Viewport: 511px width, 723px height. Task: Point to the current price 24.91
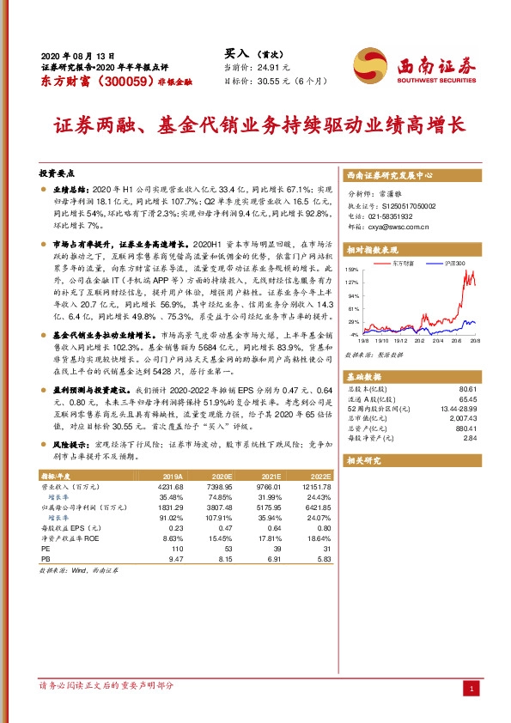click(x=266, y=66)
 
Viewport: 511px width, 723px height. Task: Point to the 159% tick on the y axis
click(x=352, y=270)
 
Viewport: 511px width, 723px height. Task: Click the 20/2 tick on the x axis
click(x=417, y=340)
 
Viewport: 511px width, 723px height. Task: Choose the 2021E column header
click(x=271, y=474)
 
